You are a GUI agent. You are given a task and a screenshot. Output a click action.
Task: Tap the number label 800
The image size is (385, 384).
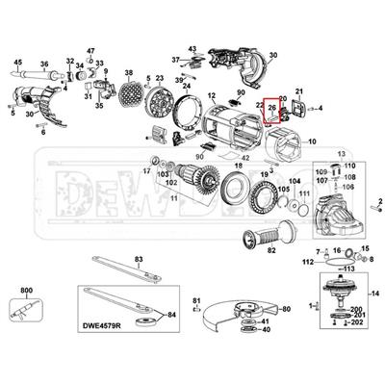25,288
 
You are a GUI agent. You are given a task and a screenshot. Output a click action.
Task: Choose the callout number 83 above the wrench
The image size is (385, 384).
139,259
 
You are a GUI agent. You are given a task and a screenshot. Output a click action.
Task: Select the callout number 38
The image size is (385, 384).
128,73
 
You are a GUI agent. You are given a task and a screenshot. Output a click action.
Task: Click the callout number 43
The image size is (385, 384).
192,48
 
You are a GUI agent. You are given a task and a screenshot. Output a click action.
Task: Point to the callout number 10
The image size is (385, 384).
311,141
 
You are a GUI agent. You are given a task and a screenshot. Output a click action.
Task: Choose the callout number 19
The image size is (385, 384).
264,171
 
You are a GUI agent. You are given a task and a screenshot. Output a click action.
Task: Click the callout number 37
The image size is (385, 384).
176,59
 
